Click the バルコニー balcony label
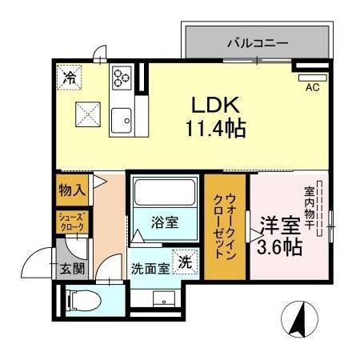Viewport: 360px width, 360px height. [x=257, y=43]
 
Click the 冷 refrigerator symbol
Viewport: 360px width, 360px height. [x=70, y=78]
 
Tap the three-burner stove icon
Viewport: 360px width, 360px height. [x=122, y=78]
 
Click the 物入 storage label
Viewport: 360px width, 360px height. [x=71, y=192]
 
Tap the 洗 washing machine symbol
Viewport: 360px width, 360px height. [x=185, y=262]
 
